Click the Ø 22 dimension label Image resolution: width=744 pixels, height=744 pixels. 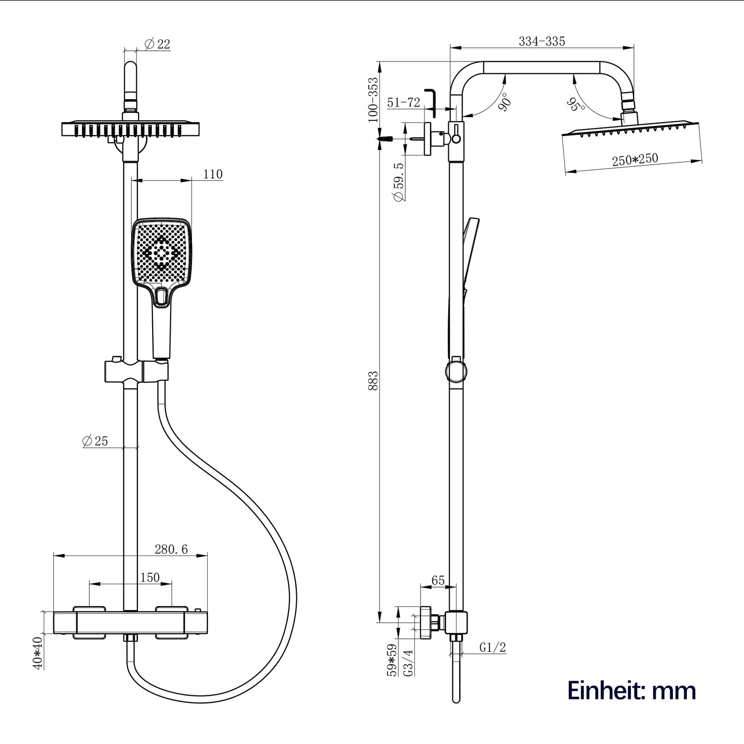[x=157, y=44]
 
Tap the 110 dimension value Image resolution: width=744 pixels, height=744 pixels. [x=213, y=174]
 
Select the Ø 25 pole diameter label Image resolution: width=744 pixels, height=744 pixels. [x=95, y=441]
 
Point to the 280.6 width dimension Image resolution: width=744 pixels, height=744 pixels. [x=171, y=549]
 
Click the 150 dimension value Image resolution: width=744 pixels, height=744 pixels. [x=150, y=578]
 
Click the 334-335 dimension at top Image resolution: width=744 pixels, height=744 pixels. [x=542, y=41]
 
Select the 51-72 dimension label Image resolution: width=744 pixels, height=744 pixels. [x=404, y=102]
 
